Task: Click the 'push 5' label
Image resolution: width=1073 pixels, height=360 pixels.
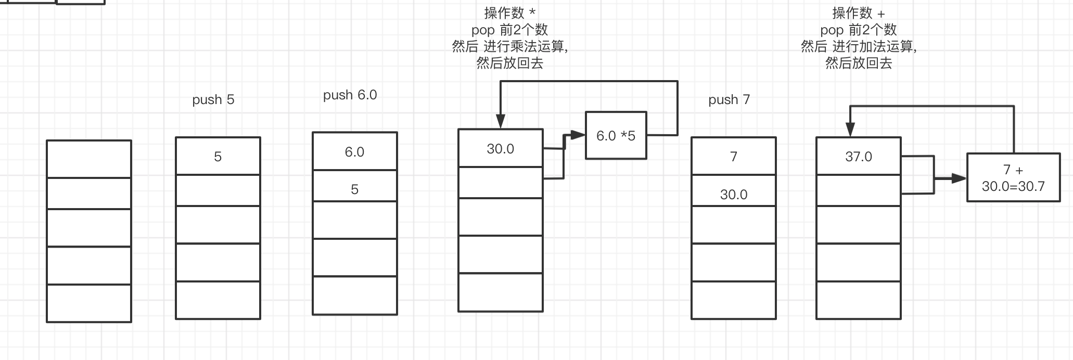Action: click(213, 99)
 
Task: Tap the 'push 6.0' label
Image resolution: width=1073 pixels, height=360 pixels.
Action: click(350, 95)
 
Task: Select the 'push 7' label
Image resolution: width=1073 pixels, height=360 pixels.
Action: click(729, 99)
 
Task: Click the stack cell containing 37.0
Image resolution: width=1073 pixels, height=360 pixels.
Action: click(858, 157)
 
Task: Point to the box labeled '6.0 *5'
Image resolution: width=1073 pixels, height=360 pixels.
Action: click(616, 136)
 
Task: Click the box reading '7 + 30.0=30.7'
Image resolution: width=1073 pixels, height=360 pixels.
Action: click(1013, 177)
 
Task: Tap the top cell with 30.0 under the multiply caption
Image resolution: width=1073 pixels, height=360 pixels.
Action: click(500, 149)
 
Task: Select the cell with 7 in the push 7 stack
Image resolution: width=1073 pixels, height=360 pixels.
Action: click(733, 157)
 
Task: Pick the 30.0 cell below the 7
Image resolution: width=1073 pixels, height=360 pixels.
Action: click(733, 194)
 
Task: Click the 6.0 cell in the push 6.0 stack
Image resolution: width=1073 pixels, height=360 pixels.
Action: click(354, 152)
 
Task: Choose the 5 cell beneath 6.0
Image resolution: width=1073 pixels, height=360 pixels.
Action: click(354, 188)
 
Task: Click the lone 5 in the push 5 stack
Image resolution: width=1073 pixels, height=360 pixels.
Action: click(218, 157)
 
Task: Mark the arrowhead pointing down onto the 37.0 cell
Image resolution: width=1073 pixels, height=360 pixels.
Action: click(850, 130)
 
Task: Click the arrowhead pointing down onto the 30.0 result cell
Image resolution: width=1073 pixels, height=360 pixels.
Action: click(500, 122)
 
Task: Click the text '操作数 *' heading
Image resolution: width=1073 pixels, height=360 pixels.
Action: click(509, 12)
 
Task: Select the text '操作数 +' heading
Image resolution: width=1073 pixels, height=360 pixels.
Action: click(858, 12)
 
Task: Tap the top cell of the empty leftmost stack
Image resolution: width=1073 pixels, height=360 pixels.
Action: click(89, 159)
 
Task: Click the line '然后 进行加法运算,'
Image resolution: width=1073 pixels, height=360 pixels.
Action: click(858, 46)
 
